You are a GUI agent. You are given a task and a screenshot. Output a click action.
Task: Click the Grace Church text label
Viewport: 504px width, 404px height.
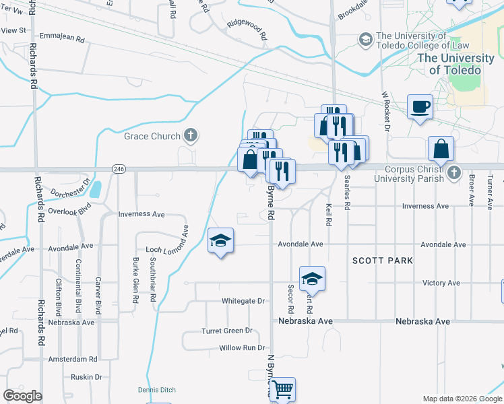click(x=152, y=136)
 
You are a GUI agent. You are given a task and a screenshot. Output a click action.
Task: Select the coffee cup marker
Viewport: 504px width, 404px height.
click(x=420, y=106)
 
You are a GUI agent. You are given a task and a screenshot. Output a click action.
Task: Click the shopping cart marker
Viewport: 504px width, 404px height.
click(x=283, y=389)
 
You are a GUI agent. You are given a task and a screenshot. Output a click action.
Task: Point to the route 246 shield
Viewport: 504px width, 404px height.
click(x=119, y=168)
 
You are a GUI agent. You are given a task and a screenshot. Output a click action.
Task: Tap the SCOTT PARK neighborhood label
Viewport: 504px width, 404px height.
click(x=382, y=260)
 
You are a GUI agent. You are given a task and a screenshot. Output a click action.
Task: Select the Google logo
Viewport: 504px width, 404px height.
click(x=22, y=395)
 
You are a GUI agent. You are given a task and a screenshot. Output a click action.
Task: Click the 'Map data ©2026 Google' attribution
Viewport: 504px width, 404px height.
click(x=462, y=399)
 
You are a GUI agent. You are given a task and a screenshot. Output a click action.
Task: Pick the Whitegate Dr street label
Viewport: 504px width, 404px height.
click(x=243, y=301)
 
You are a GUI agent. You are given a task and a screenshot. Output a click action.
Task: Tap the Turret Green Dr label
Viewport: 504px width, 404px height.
click(x=226, y=331)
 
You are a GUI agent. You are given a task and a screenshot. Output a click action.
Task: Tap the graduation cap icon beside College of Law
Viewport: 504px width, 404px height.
click(x=365, y=40)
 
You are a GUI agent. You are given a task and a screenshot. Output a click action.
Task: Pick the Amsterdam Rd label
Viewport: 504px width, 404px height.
click(x=73, y=359)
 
